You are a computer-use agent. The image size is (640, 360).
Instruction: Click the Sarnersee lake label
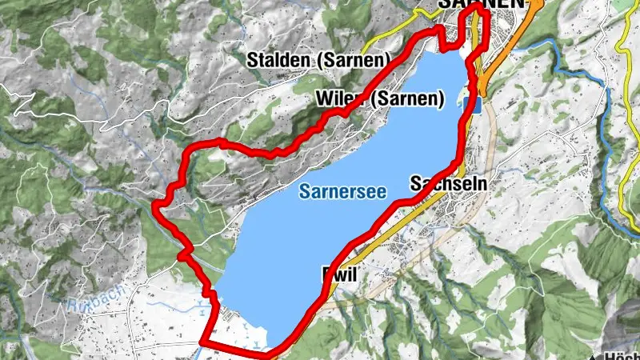click(343, 191)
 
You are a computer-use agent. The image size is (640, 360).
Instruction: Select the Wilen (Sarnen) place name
click(379, 99)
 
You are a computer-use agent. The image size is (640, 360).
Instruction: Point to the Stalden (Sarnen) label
click(318, 59)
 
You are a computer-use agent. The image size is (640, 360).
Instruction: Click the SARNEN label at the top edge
click(480, 4)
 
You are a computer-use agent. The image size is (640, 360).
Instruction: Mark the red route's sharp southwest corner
click(202, 342)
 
